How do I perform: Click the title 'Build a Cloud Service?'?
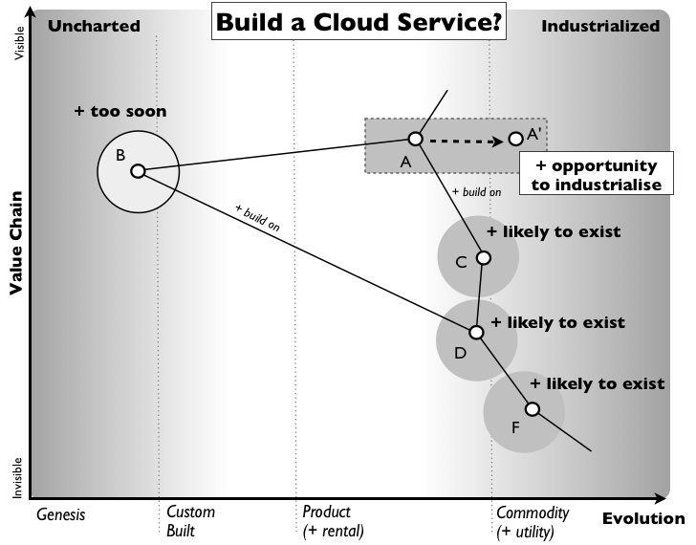coord(359,23)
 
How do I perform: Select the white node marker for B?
coord(138,171)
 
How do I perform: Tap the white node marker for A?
coord(415,139)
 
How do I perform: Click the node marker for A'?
coord(515,139)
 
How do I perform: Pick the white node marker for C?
coord(484,258)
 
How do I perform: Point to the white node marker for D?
coord(476,333)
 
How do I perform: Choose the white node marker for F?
coord(533,409)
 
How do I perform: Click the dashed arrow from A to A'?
coord(465,142)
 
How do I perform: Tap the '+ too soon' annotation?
coord(120,112)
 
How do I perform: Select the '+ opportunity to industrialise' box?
coord(595,175)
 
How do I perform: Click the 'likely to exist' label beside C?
coord(554,231)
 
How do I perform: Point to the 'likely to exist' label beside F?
coord(598,384)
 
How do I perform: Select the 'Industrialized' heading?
coord(600,26)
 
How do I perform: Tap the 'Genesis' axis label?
coord(61,514)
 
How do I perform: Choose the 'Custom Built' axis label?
coord(190,521)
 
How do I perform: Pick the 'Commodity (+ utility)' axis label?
coord(533,521)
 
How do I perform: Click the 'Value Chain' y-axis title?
coord(16,245)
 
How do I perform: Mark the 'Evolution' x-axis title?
coord(642,519)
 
